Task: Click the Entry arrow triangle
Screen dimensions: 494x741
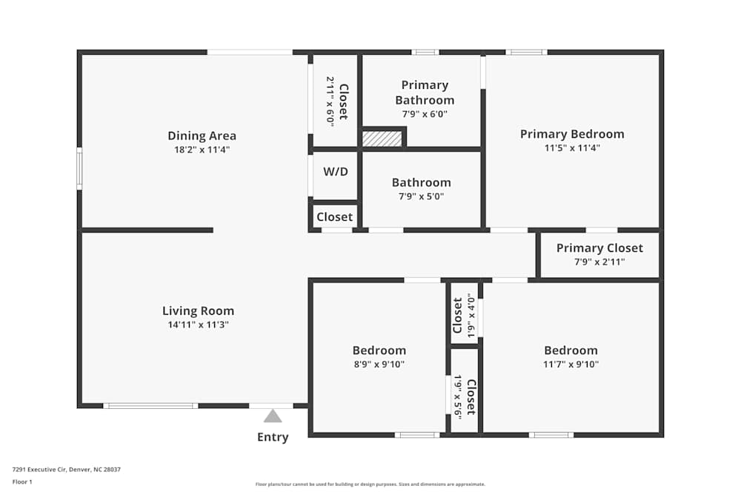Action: [x=273, y=416]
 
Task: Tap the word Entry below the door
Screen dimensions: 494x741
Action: [x=273, y=437]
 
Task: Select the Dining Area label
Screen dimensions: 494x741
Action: [x=202, y=136]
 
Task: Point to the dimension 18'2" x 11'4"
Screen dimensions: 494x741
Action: [x=202, y=150]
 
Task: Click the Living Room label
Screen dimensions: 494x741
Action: [x=198, y=311]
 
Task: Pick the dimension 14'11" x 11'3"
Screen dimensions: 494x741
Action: [x=198, y=324]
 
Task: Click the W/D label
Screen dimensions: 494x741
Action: [x=336, y=172]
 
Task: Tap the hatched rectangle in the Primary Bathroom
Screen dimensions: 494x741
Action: [x=382, y=138]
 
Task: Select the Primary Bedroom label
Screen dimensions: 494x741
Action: [x=572, y=134]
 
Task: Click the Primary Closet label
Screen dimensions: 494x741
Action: [x=599, y=248]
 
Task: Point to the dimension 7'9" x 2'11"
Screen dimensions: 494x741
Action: [x=599, y=262]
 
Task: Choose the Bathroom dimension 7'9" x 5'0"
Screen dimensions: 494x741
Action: [x=421, y=196]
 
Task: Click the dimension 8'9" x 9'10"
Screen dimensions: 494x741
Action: [x=379, y=364]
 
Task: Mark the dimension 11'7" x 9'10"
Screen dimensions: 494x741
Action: [x=571, y=364]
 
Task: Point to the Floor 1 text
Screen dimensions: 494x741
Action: [x=22, y=481]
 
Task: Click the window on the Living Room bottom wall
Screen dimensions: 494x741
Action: [x=150, y=406]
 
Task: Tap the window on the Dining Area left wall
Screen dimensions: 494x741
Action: [x=79, y=169]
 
